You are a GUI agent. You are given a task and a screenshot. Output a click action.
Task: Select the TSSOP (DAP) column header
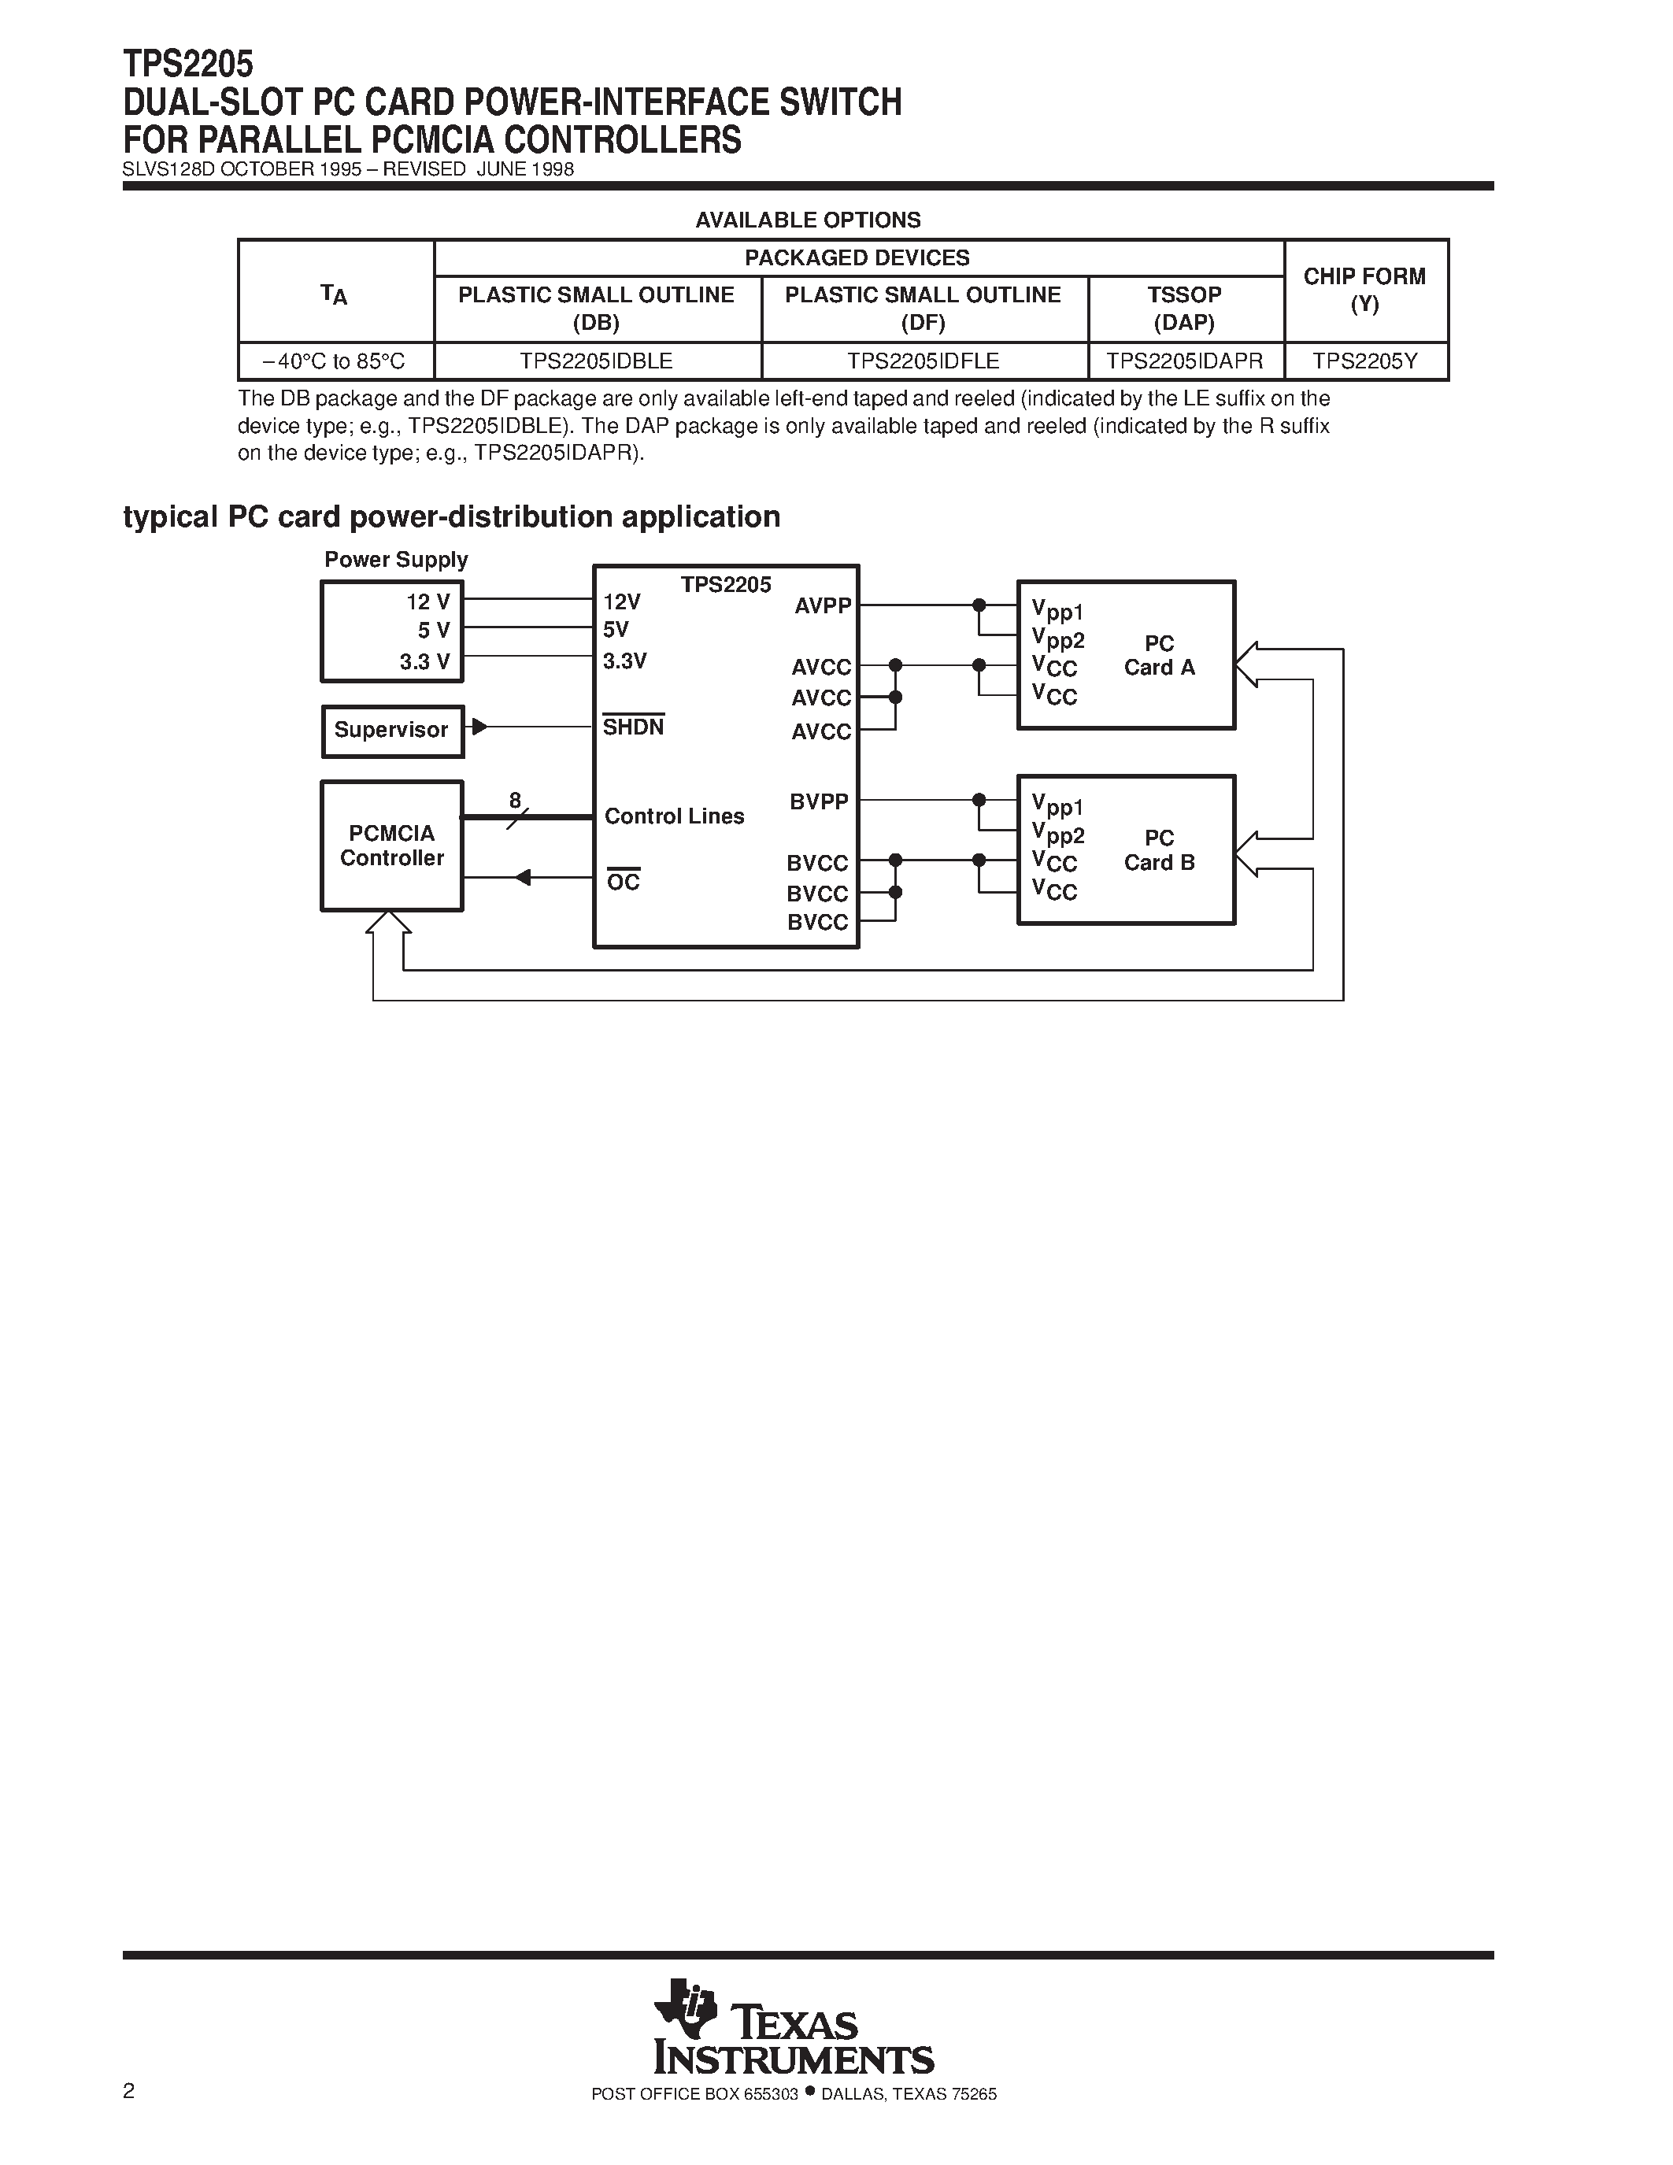1186,309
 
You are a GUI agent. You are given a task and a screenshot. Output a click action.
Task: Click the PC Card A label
1159,655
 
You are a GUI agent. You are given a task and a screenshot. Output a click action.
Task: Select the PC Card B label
1159,850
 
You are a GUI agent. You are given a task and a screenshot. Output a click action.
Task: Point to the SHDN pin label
633,727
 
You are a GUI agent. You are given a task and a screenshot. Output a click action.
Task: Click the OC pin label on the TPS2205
624,881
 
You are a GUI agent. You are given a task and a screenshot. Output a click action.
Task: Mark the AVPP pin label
822,605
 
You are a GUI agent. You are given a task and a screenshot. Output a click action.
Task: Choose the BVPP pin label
819,801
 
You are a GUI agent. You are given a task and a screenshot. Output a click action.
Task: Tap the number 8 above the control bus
514,800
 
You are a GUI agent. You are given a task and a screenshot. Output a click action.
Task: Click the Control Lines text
674,816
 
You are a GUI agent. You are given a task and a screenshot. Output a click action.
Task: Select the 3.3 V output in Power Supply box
424,662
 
